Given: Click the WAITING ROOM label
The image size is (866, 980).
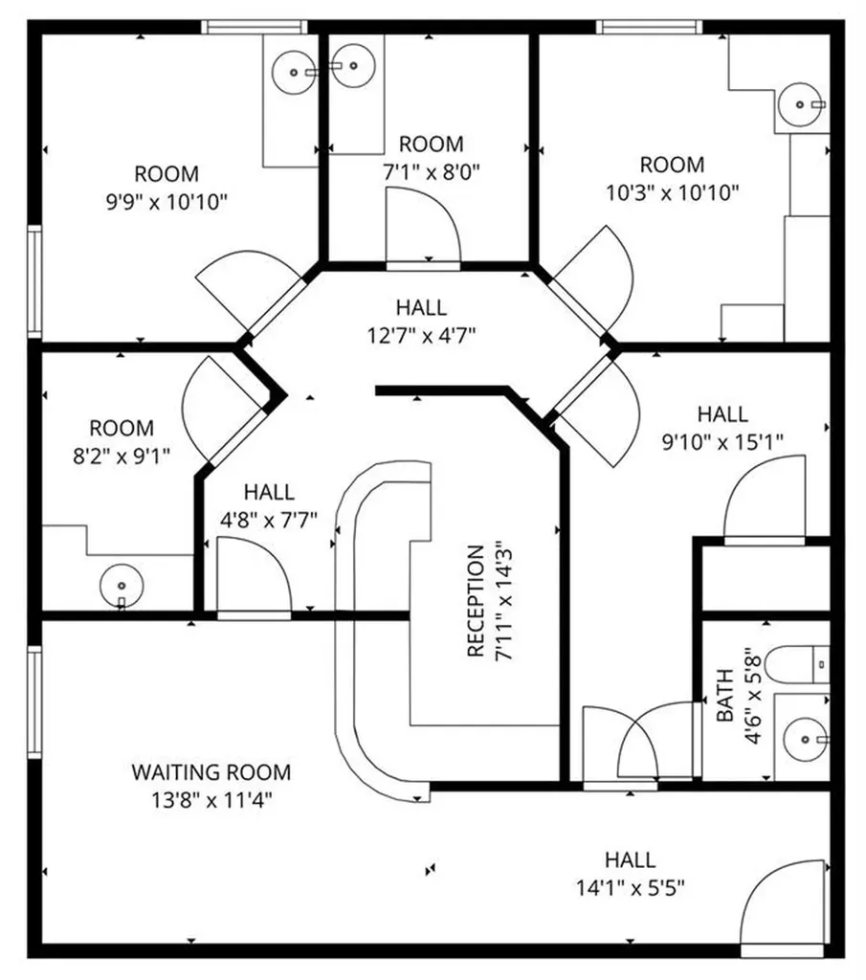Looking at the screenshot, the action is click(211, 772).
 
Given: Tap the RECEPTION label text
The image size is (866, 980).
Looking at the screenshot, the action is click(477, 601).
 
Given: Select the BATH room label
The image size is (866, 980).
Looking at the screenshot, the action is click(724, 695).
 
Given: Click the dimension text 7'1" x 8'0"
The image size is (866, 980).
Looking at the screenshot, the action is click(432, 172).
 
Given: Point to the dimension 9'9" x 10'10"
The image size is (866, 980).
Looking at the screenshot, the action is click(167, 202).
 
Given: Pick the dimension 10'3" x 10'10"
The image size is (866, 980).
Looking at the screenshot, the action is click(673, 192).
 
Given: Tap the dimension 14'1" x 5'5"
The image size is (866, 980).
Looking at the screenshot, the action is click(630, 887).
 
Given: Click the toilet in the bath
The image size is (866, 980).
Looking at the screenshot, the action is click(797, 665).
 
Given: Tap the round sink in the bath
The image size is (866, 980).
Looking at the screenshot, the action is click(806, 740).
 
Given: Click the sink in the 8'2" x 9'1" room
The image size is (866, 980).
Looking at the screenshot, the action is click(122, 586).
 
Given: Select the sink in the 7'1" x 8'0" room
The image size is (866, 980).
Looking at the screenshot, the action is click(354, 65).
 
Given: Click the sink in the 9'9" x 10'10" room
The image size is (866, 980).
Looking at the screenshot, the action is click(295, 73).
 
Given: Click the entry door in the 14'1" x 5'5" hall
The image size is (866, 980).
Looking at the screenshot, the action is click(783, 912).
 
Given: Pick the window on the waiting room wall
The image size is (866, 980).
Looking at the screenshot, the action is click(34, 702).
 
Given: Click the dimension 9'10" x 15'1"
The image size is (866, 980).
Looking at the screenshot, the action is click(722, 442).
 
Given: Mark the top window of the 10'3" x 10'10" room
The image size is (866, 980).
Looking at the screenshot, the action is click(649, 28).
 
